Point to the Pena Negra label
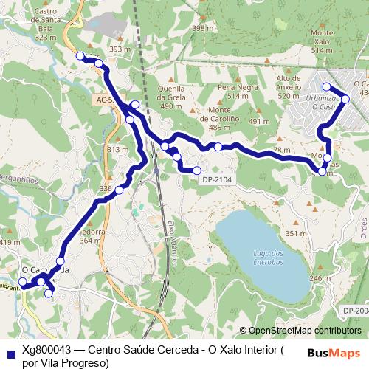click(x=232, y=92)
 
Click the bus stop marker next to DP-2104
click(x=197, y=170)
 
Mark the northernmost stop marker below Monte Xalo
click(x=326, y=87)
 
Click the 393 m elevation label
click(x=119, y=49)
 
